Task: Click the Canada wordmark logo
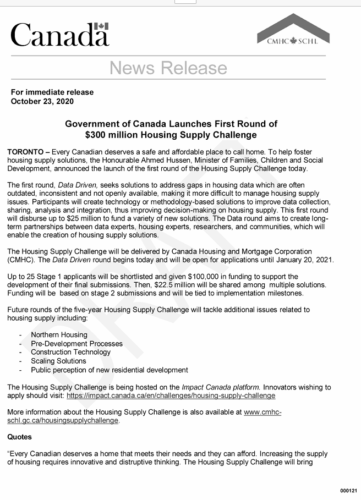tap(59, 34)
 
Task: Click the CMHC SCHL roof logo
tap(293, 30)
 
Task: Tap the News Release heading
tap(168, 68)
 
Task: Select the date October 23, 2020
tap(42, 101)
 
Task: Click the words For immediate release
tap(52, 92)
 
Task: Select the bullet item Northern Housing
tap(59, 334)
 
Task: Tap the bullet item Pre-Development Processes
tap(76, 343)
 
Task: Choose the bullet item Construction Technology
tap(70, 352)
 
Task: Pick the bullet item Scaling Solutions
tap(58, 361)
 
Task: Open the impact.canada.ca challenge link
tap(171, 395)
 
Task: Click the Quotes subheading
tap(20, 437)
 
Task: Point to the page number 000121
tap(348, 491)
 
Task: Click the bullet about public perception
tap(109, 370)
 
